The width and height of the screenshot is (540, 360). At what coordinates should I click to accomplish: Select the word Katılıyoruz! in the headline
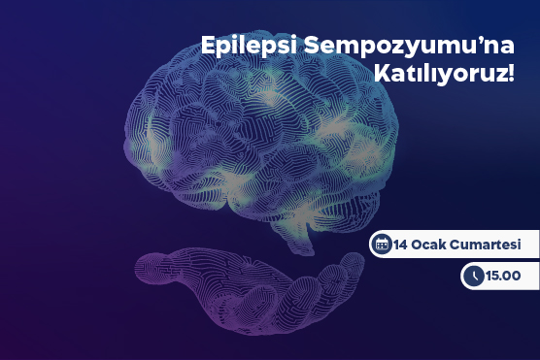pyautogui.click(x=444, y=73)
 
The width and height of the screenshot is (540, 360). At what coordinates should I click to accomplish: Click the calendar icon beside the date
pyautogui.click(x=383, y=244)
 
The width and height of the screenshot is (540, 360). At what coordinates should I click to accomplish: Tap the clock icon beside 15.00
pyautogui.click(x=474, y=277)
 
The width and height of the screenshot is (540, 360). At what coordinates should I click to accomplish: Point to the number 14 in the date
pyautogui.click(x=404, y=244)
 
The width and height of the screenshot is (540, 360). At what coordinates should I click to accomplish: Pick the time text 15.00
pyautogui.click(x=504, y=277)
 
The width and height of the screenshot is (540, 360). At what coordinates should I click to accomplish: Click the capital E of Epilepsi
pyautogui.click(x=207, y=45)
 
